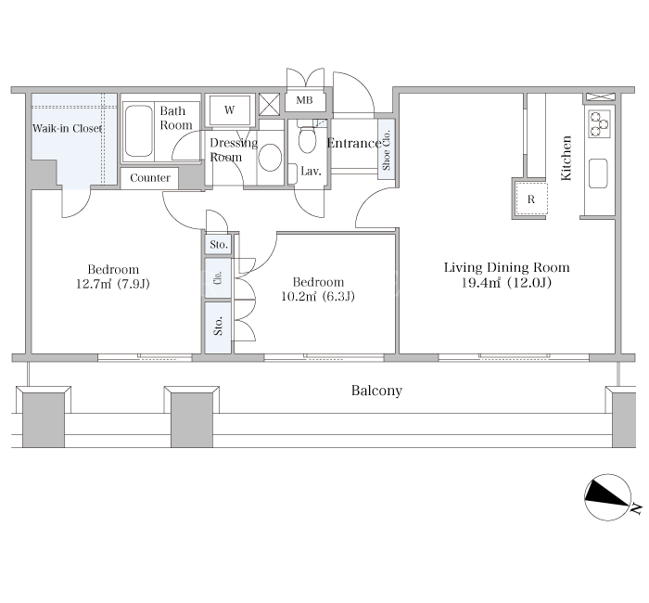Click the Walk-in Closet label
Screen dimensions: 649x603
[67, 128]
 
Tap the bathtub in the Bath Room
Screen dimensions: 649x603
[138, 132]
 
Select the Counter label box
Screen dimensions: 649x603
[150, 178]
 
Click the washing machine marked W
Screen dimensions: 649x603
[230, 110]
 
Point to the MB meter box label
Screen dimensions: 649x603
[305, 100]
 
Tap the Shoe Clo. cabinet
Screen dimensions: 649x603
[387, 149]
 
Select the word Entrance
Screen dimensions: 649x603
[353, 143]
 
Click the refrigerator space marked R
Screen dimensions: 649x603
[531, 199]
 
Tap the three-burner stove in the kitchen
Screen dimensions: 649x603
[599, 124]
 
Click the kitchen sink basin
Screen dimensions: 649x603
[598, 173]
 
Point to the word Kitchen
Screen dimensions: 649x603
[566, 158]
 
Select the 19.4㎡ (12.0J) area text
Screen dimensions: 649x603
[506, 283]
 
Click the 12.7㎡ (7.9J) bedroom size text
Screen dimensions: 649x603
[113, 284]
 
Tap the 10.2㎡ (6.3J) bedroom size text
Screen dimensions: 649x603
[318, 297]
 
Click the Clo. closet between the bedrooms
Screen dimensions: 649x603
[218, 278]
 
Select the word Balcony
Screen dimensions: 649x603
[376, 391]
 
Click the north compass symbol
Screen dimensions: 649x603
[608, 497]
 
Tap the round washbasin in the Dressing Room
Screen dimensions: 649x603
[271, 158]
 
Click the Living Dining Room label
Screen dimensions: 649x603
[506, 267]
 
